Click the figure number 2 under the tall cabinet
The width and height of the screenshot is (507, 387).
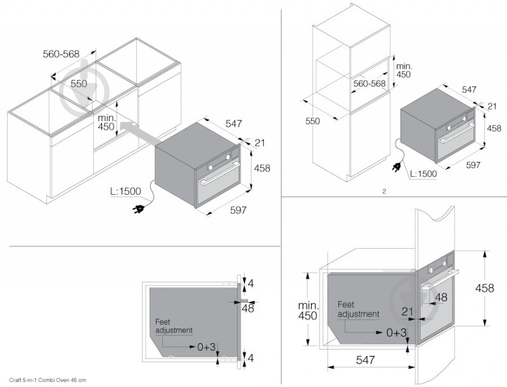point(384,190)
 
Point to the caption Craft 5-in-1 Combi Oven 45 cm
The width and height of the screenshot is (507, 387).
point(47,379)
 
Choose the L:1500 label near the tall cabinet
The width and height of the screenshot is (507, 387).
point(423,173)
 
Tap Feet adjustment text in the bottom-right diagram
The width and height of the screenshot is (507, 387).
point(358,309)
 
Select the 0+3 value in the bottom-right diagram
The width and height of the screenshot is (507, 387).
point(397,332)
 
